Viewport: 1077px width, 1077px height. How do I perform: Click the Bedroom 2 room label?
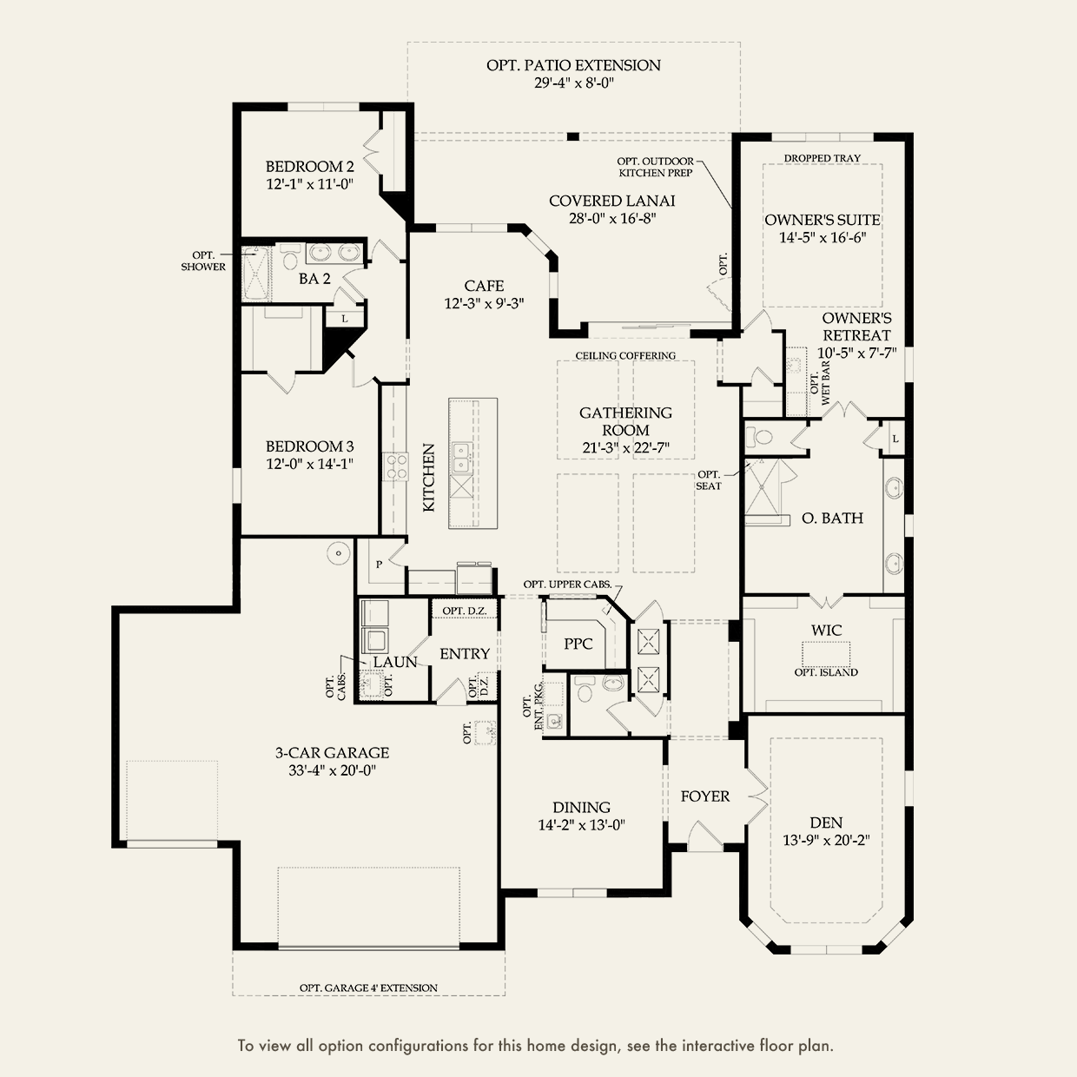309,167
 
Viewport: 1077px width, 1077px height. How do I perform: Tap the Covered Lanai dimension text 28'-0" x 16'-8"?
611,219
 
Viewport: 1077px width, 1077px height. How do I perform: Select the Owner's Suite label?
823,220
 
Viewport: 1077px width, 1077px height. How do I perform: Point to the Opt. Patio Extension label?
573,65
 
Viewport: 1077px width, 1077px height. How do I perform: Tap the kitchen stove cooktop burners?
397,466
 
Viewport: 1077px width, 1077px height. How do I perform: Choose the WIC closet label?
826,630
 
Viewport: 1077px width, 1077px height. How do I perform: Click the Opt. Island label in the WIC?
826,672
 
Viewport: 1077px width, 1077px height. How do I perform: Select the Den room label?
826,823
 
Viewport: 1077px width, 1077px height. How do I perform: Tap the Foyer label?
704,796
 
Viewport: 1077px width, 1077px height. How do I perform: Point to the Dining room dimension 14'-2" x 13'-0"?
581,825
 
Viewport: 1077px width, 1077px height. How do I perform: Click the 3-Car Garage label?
333,753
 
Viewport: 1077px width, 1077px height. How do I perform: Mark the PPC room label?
578,644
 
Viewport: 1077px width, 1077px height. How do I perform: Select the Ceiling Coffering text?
625,355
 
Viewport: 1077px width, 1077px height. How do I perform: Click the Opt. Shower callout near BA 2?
203,261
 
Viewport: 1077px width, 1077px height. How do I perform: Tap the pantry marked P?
379,564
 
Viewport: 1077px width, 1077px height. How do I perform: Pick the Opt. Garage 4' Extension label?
368,988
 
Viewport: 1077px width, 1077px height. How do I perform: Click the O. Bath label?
832,518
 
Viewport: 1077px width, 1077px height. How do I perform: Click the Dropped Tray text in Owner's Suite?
822,158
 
